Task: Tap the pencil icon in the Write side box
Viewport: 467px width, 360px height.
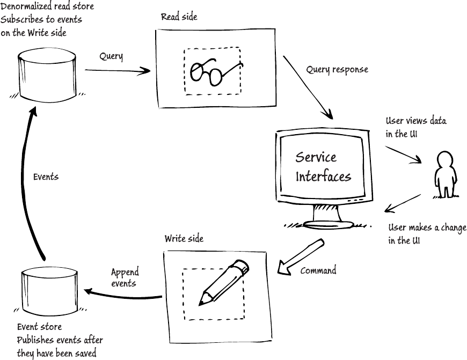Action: coord(224,283)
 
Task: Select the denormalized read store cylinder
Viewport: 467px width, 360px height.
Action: coord(47,76)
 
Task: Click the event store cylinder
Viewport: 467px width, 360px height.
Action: coord(50,292)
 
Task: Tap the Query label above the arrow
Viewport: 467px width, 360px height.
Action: coord(111,56)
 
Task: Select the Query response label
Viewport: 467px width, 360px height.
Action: coord(337,69)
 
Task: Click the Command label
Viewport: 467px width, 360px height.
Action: coord(318,270)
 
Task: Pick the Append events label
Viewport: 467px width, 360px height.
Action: coord(125,277)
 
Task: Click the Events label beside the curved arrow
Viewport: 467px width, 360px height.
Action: coord(46,177)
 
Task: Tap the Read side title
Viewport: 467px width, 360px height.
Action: coord(179,17)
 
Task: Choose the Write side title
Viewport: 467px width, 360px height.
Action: coord(184,239)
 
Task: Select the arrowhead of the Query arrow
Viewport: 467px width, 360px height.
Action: coord(144,71)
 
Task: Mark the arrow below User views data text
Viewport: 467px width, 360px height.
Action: coord(403,155)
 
